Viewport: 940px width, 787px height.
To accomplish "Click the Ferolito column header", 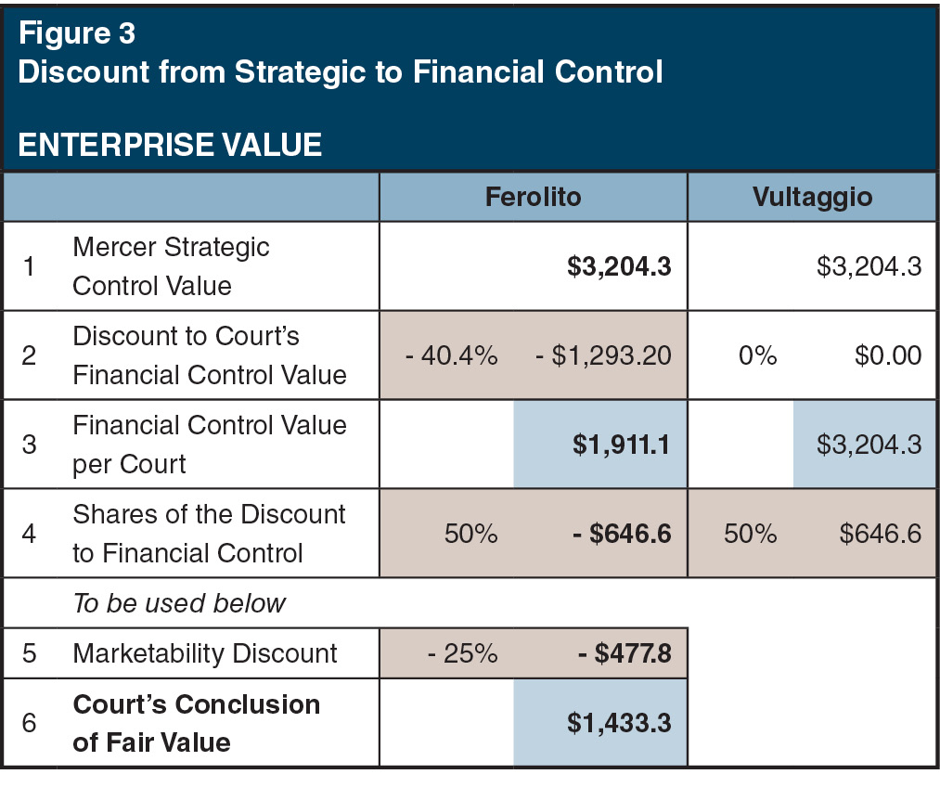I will pos(533,197).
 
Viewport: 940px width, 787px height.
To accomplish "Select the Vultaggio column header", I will pos(813,197).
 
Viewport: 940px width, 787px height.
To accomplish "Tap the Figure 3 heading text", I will pos(77,33).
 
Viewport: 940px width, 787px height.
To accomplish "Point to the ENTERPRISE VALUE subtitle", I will pos(170,145).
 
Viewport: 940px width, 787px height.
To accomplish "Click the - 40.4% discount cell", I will pos(452,355).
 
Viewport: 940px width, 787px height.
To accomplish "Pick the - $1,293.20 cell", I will pos(603,355).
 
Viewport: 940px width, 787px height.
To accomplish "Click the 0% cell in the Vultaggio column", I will pos(758,355).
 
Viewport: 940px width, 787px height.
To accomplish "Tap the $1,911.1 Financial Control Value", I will pos(621,445).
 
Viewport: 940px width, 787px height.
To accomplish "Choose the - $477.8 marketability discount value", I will pos(625,653).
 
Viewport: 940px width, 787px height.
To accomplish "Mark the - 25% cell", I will pos(462,653).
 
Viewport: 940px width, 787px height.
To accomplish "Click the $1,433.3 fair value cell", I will pos(619,724).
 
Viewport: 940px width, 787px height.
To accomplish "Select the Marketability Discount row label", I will pos(205,653).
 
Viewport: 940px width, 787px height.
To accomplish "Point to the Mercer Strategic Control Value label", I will pos(171,266).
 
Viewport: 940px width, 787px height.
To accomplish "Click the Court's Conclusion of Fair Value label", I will pos(196,723).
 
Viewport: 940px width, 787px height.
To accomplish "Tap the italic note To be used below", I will pos(179,603).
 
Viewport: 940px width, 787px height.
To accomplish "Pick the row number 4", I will pos(29,534).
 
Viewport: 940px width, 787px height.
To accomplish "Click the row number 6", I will pos(29,724).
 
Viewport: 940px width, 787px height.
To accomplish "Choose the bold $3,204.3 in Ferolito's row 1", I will pos(619,267).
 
